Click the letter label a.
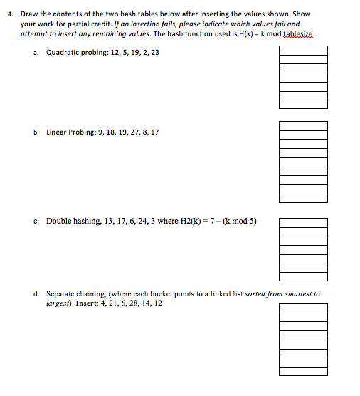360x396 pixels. pyautogui.click(x=36, y=52)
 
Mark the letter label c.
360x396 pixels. pyautogui.click(x=36, y=221)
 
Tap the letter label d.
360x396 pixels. pyautogui.click(x=36, y=293)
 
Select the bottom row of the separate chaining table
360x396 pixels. pyautogui.click(x=303, y=371)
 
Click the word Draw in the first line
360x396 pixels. pyautogui.click(x=29, y=14)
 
